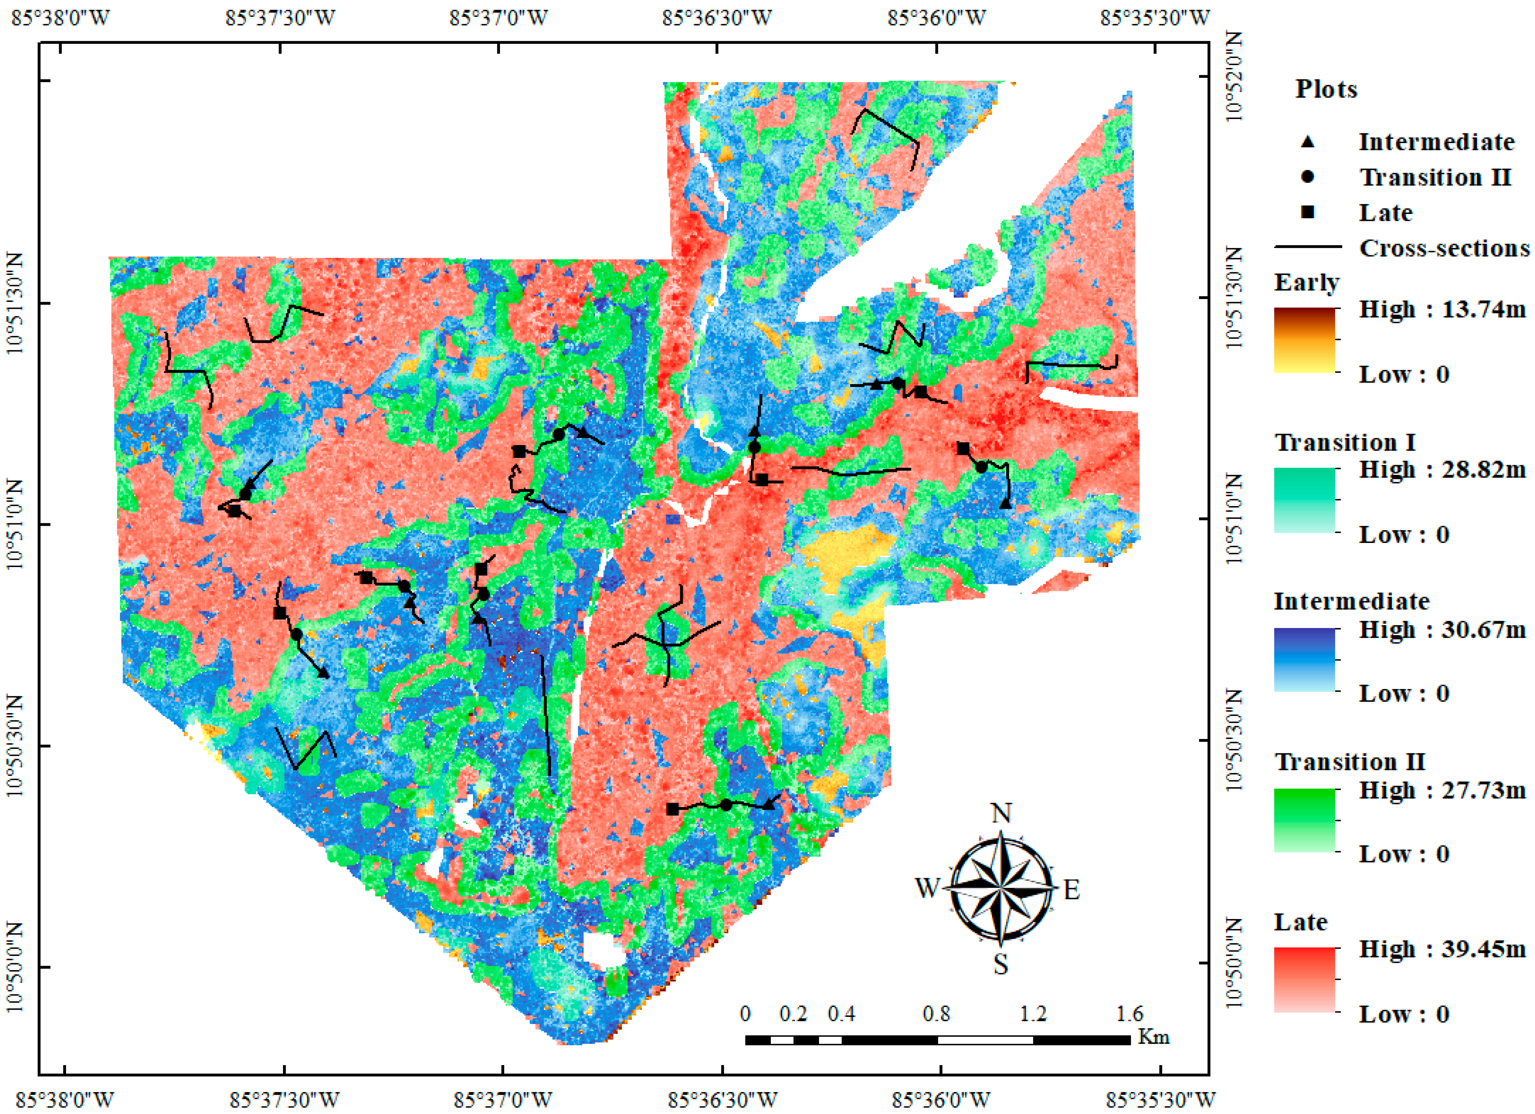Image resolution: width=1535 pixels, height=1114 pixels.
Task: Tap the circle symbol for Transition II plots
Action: click(x=1308, y=177)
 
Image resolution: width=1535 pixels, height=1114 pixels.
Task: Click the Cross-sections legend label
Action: click(x=1444, y=248)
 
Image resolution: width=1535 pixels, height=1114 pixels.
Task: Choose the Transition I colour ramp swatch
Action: click(x=1304, y=500)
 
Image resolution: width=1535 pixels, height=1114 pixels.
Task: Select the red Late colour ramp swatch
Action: click(x=1304, y=979)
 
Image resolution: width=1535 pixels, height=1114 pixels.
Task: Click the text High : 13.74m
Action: click(x=1442, y=309)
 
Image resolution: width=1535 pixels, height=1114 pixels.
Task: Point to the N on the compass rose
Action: click(x=1001, y=813)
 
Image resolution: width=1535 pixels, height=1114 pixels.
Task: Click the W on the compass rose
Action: click(x=927, y=887)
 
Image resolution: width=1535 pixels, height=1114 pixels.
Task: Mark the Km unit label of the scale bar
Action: click(x=1154, y=1037)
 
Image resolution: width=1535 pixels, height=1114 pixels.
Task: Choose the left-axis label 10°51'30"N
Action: click(x=16, y=303)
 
